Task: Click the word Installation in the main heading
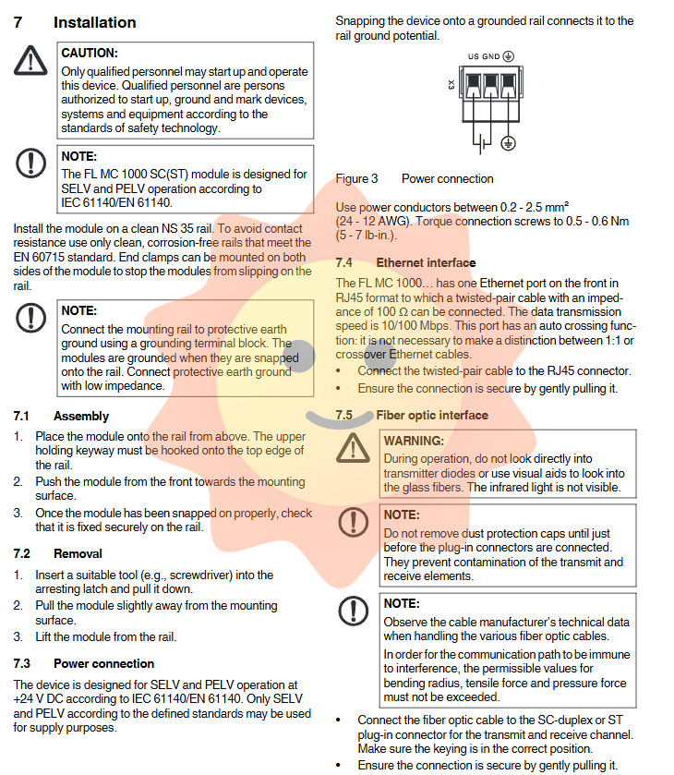pos(94,22)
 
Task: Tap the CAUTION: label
pos(89,54)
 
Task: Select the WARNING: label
pos(414,442)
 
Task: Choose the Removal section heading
pos(78,554)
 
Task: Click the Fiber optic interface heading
pos(432,416)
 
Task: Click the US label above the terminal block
pos(473,56)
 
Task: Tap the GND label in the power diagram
pos(490,56)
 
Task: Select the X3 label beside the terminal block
pos(451,85)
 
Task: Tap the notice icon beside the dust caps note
pos(353,522)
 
